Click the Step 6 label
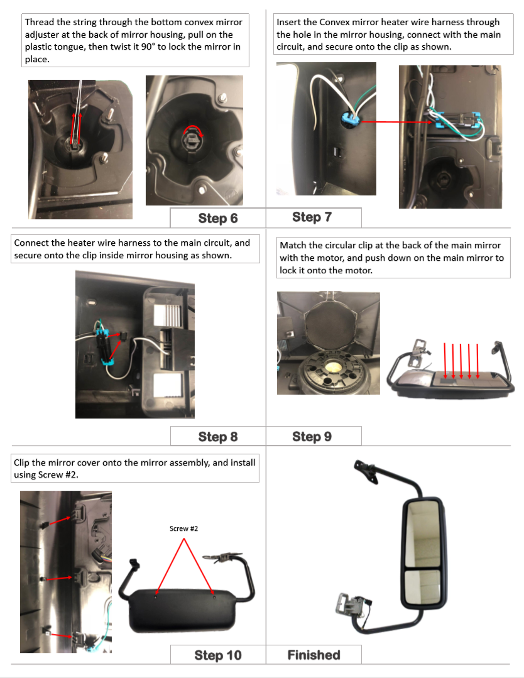218,219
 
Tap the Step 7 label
312,217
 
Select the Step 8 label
218,437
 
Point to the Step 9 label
312,436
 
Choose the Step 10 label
218,655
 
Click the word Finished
314,655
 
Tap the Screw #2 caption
183,528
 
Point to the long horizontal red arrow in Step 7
396,122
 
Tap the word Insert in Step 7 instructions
289,22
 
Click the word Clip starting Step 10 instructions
21,462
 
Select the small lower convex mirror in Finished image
422,587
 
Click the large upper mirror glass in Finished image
422,533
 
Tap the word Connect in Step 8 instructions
31,243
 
